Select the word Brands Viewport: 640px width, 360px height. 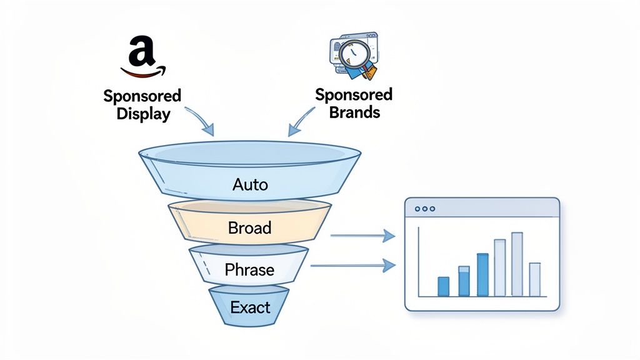pos(354,113)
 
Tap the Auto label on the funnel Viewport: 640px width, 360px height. pos(249,184)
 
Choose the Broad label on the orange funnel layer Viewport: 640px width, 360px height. pos(249,227)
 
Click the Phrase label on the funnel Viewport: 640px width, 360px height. pos(249,270)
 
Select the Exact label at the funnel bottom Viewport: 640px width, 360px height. pos(250,307)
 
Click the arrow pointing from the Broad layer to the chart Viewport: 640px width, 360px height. pos(362,236)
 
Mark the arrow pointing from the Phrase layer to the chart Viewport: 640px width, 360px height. pos(353,266)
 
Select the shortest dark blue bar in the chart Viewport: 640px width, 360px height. pos(443,286)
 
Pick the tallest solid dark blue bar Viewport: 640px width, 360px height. pos(482,274)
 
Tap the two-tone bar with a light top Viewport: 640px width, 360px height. pos(464,281)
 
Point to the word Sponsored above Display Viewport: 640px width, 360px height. pos(142,97)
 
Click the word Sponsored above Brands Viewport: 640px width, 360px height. pos(354,95)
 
